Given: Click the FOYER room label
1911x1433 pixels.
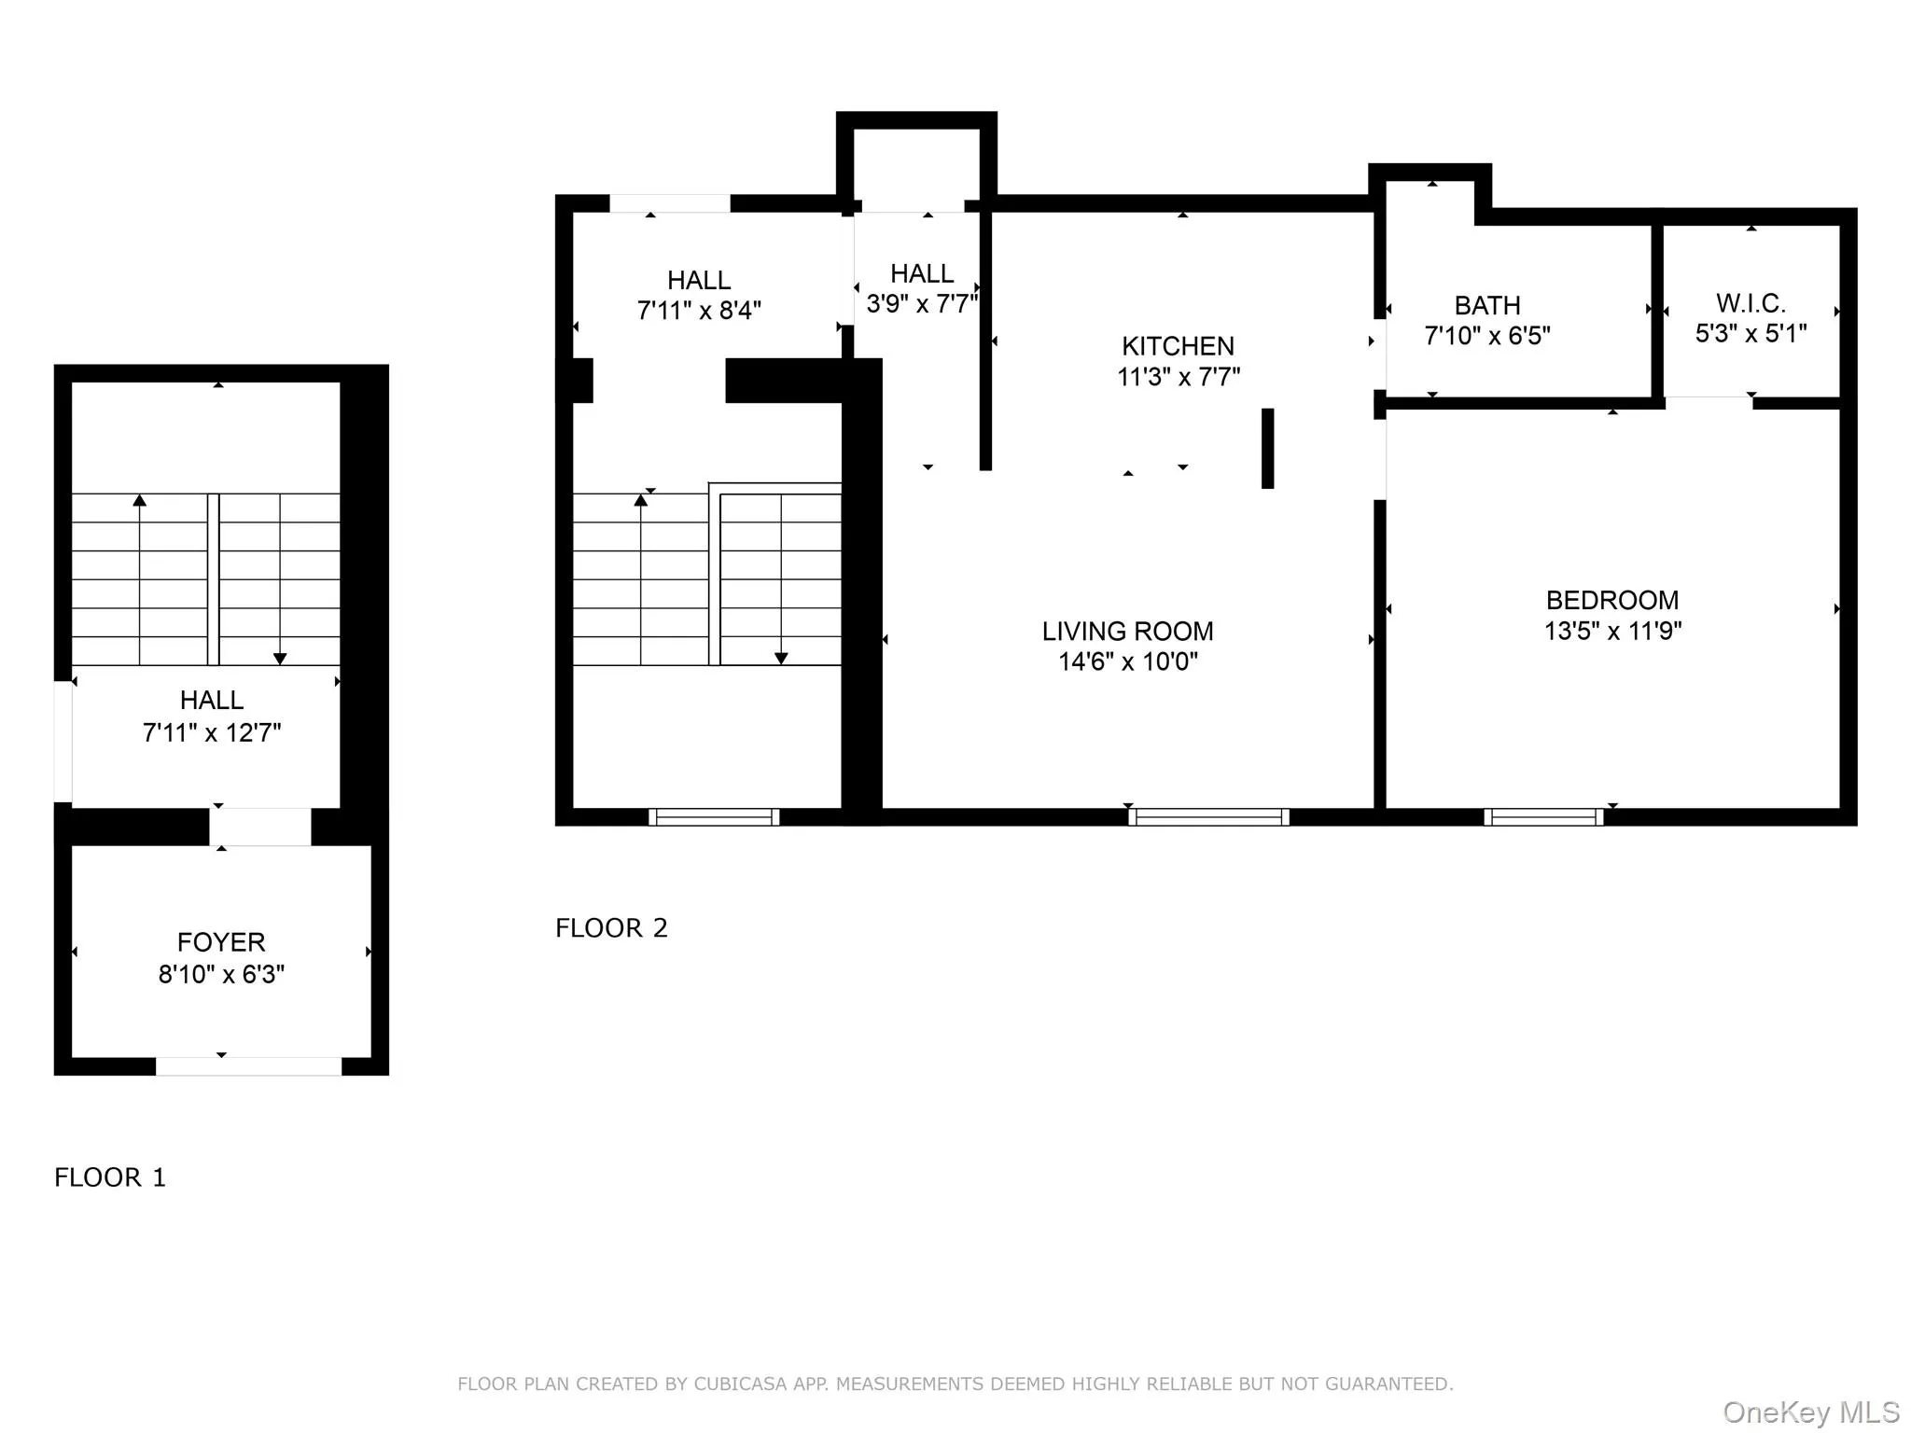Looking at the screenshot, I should [221, 942].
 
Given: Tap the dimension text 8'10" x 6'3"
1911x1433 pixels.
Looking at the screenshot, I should [221, 975].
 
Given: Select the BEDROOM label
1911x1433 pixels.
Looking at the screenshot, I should [1612, 600].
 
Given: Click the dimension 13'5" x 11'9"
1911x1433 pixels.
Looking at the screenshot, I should [1612, 632].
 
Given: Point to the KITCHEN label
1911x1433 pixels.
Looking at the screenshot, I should [1178, 346].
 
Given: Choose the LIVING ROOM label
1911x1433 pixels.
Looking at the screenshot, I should [1127, 632].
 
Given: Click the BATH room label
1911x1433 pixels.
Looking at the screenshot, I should [1487, 306].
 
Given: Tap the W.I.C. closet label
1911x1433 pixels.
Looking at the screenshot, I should [1751, 303].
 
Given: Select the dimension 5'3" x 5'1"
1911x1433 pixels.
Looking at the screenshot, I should [1751, 334].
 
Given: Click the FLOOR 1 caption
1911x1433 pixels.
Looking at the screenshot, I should [110, 1177].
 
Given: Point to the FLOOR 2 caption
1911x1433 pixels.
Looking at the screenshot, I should [611, 928].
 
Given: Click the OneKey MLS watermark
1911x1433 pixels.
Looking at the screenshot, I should [1810, 1412].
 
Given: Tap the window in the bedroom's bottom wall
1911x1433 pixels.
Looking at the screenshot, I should [1543, 817].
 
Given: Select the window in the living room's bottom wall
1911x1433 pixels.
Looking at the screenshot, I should [1208, 817].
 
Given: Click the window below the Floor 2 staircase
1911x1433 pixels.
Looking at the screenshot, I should [714, 817].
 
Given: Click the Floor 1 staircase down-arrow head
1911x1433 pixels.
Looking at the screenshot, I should [280, 659].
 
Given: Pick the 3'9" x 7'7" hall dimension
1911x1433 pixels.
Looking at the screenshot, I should [922, 304].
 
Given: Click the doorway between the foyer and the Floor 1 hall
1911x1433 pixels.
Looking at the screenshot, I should [259, 827].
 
